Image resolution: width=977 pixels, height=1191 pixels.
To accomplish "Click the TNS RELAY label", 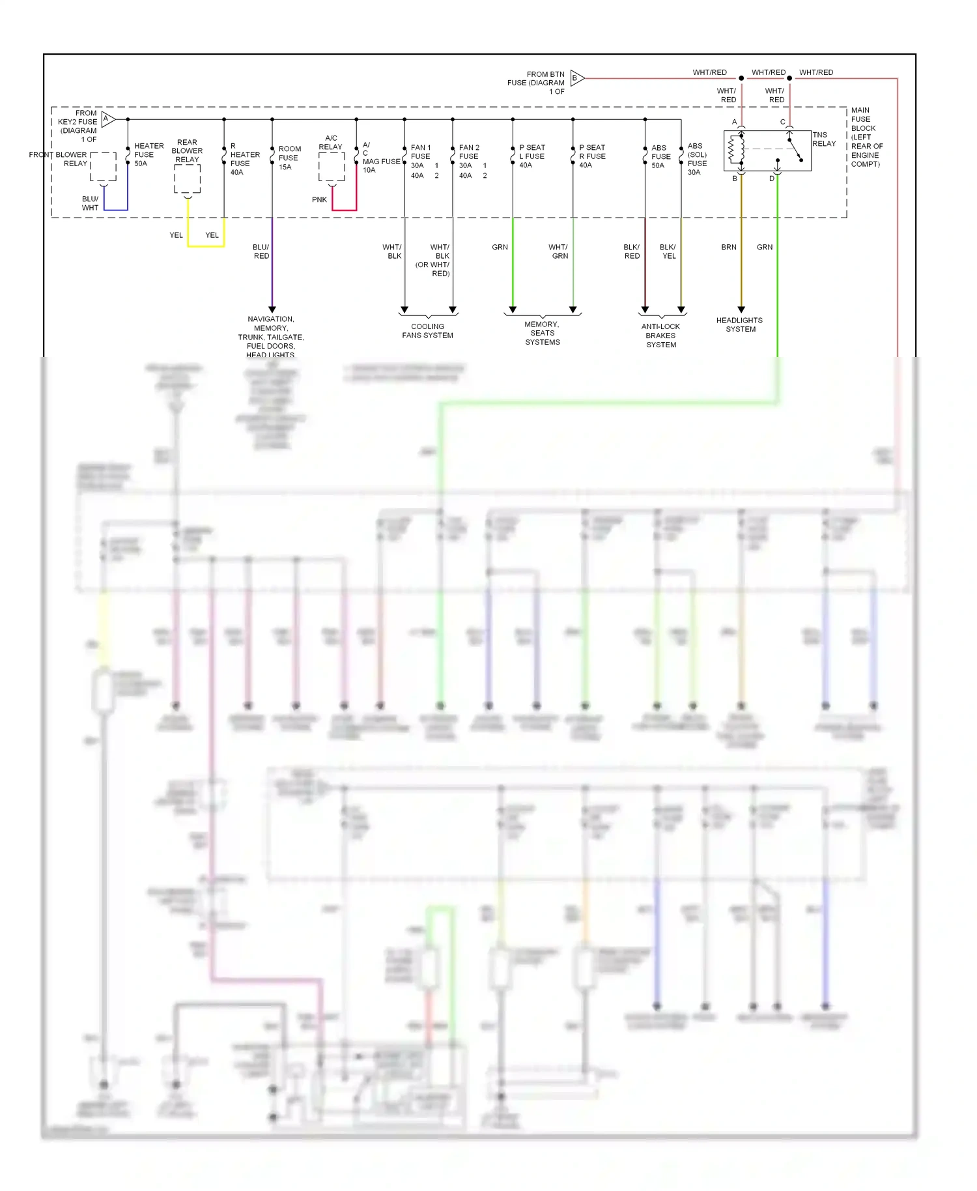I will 823,139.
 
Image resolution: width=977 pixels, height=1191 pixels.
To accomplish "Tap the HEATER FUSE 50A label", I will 148,155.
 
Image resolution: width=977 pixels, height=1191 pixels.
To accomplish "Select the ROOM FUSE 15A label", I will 289,158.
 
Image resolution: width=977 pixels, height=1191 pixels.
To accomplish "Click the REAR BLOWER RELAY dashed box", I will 187,179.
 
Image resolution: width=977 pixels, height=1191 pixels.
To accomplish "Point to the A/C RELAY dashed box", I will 332,167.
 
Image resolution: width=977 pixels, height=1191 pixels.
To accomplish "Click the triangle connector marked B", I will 576,78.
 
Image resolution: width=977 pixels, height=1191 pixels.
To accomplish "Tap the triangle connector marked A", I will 107,119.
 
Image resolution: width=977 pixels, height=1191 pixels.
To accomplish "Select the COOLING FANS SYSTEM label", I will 427,331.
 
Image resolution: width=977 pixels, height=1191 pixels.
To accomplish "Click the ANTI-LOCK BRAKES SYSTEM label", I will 660,336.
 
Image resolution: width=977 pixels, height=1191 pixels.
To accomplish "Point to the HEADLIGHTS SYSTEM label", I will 739,324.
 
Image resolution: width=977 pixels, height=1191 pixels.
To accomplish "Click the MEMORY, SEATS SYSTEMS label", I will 542,333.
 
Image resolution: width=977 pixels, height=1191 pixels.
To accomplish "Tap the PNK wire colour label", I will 319,200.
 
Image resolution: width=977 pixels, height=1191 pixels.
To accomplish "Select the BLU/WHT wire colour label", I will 90,203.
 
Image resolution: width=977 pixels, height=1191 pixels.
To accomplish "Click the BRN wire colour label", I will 728,248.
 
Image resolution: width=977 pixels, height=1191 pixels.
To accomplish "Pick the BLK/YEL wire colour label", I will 668,251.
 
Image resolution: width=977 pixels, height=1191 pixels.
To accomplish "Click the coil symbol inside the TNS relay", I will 736,149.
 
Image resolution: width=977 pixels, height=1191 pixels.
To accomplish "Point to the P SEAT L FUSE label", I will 531,156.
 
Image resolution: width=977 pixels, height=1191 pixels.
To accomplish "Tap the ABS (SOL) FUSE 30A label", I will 696,159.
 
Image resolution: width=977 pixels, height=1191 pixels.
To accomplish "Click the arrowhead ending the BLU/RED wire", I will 272,309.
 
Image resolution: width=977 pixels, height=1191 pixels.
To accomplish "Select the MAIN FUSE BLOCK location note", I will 866,137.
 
